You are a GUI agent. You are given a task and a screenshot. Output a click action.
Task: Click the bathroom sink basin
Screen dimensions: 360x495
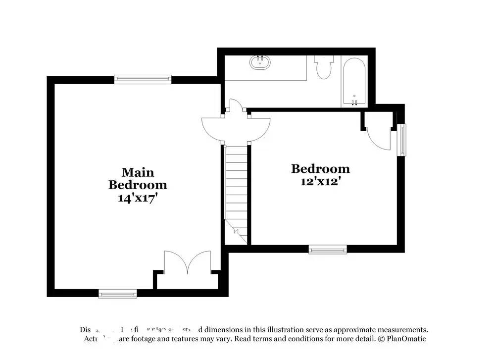point(260,62)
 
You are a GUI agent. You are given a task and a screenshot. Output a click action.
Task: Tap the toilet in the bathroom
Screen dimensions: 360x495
point(324,68)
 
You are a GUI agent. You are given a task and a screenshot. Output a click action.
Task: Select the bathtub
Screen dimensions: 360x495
point(354,82)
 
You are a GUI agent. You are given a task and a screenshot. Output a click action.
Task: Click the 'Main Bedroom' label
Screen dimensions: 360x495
point(138,179)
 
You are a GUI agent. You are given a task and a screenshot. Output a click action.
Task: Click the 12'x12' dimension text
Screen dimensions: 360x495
point(320,181)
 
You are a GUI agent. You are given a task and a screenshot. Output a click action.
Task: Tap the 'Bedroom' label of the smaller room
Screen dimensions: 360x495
point(320,169)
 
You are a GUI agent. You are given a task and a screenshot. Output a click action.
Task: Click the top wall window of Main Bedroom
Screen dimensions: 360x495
point(143,78)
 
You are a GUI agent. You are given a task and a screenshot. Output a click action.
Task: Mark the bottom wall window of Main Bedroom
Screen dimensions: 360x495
point(117,294)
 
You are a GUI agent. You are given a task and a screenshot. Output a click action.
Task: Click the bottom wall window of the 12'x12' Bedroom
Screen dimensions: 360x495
point(328,249)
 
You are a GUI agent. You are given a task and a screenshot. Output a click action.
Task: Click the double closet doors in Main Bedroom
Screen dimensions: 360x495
point(188,262)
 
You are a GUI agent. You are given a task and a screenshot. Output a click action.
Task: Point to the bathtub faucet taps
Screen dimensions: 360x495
point(354,102)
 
